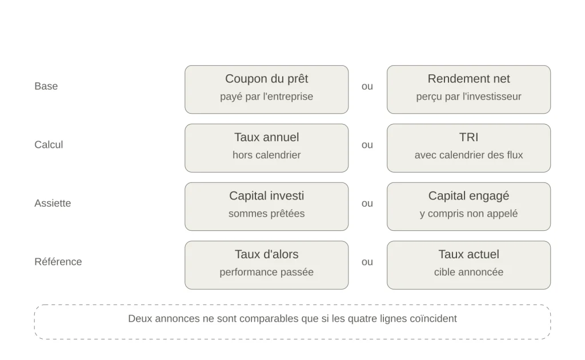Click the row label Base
(46, 86)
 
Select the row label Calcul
(49, 145)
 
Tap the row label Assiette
(53, 203)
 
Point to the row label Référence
(58, 262)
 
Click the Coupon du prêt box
(266, 90)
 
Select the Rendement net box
(468, 90)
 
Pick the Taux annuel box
(266, 148)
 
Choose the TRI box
(468, 148)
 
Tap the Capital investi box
(266, 207)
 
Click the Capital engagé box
(468, 207)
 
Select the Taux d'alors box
(266, 265)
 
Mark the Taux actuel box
(468, 265)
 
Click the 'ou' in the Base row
(367, 86)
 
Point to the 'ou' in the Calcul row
(367, 145)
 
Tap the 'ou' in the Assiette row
(367, 203)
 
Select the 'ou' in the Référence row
(367, 262)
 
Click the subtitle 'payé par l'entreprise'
(266, 97)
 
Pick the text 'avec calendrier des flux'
(468, 155)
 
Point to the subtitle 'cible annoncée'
(468, 272)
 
